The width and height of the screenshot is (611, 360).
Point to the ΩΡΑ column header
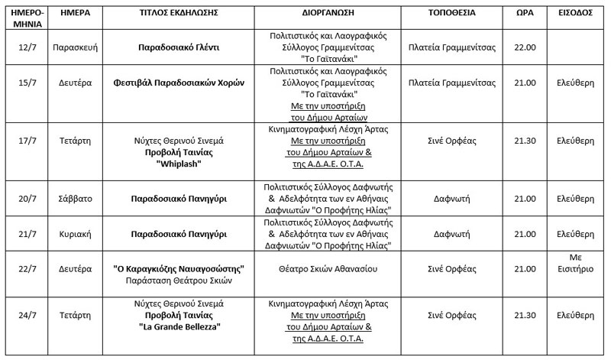point(525,13)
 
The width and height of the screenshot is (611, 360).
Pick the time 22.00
point(525,47)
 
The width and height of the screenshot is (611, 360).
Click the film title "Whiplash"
point(178,163)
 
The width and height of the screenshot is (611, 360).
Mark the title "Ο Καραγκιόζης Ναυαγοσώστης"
point(178,268)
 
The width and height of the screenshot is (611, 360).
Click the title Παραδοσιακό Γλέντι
point(178,47)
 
